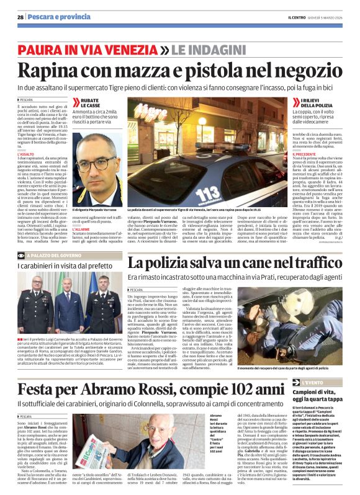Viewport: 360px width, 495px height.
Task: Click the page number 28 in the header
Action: pos(20,17)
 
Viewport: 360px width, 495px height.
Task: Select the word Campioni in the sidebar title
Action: pos(307,377)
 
